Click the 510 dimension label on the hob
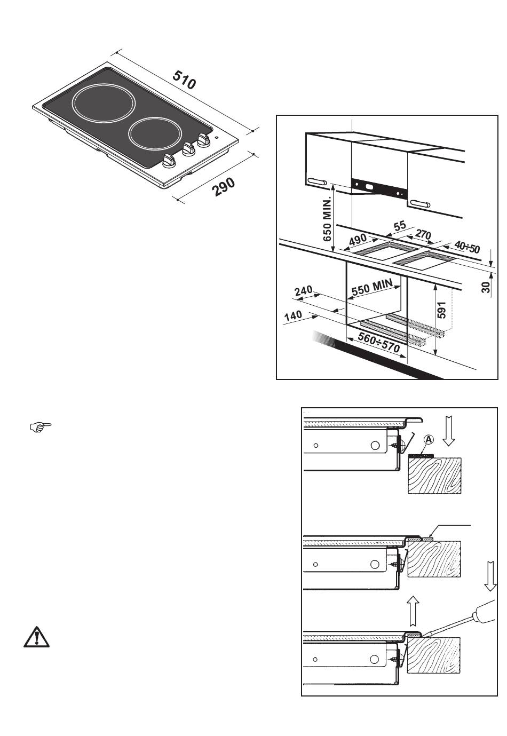(x=185, y=80)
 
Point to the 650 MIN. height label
(x=328, y=219)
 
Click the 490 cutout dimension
(x=358, y=240)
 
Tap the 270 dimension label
(x=423, y=235)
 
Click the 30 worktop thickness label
(x=486, y=288)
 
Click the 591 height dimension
(x=441, y=310)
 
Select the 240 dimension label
(x=303, y=291)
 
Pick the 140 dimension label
(x=293, y=316)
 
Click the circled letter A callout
(x=430, y=439)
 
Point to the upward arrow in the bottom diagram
(x=412, y=611)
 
